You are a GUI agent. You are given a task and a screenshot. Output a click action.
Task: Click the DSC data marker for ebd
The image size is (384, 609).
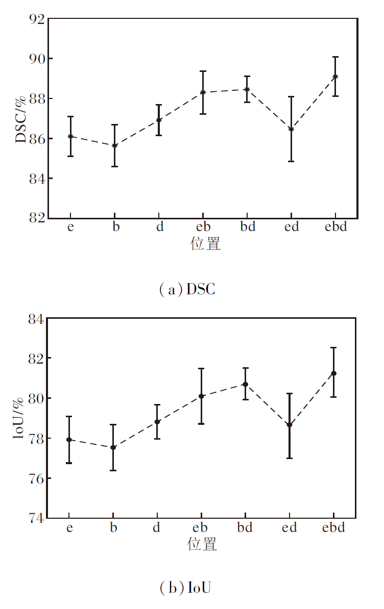pyautogui.click(x=335, y=77)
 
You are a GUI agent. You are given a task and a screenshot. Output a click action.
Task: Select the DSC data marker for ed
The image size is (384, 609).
pyautogui.click(x=291, y=129)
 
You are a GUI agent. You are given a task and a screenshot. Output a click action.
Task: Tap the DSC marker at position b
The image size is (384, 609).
pyautogui.click(x=115, y=145)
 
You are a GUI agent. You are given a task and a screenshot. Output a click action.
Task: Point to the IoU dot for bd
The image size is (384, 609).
pyautogui.click(x=245, y=384)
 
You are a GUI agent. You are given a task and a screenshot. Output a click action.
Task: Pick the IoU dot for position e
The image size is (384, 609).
pyautogui.click(x=68, y=439)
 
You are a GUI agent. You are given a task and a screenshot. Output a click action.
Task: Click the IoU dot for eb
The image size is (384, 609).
pyautogui.click(x=201, y=396)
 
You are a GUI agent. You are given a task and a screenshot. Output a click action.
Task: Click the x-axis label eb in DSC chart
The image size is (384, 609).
pyautogui.click(x=203, y=226)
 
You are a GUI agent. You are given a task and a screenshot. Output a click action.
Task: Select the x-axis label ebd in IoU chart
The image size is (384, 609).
pyautogui.click(x=333, y=527)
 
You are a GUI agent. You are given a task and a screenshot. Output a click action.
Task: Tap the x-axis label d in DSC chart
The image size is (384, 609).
pyautogui.click(x=160, y=226)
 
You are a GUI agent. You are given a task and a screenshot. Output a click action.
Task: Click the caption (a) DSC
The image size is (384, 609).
pyautogui.click(x=187, y=290)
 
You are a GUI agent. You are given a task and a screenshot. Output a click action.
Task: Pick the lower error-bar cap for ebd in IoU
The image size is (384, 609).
pyautogui.click(x=333, y=397)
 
